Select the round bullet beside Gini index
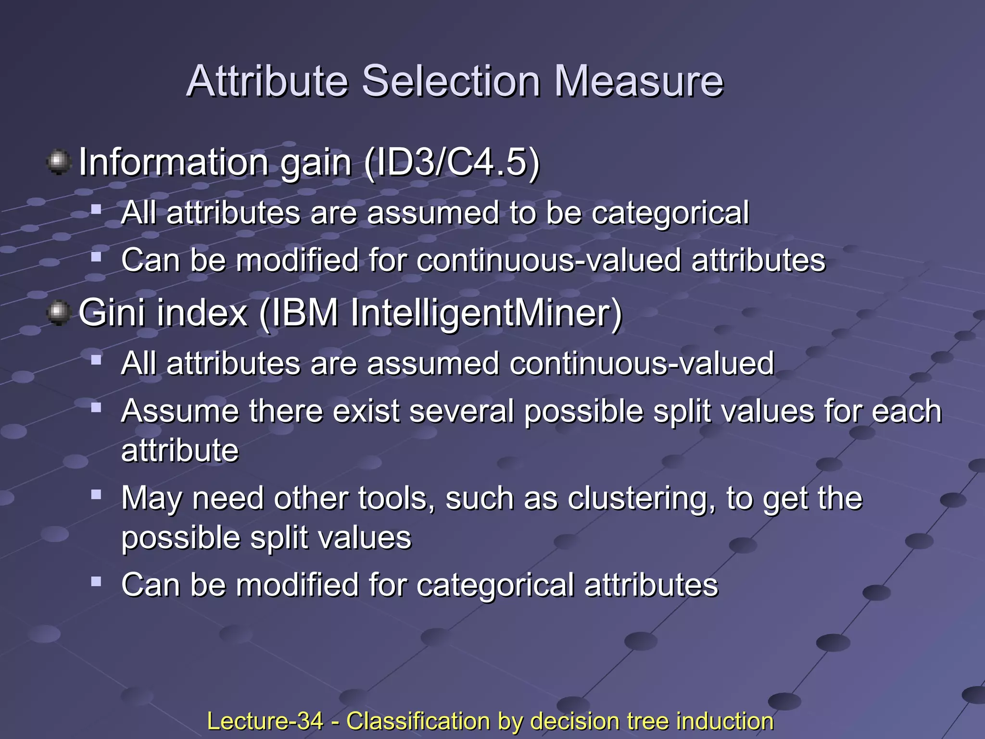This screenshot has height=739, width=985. point(59,313)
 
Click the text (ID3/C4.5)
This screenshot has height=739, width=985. point(452,163)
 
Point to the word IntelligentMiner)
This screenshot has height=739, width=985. point(486,313)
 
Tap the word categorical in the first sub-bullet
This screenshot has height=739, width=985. point(670,213)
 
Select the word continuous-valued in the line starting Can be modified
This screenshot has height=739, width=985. point(549,260)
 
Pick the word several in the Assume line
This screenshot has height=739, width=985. point(462,411)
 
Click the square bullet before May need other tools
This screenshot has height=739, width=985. point(96,494)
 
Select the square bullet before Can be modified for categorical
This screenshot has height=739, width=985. point(96,582)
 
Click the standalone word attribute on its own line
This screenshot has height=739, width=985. point(180,450)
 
